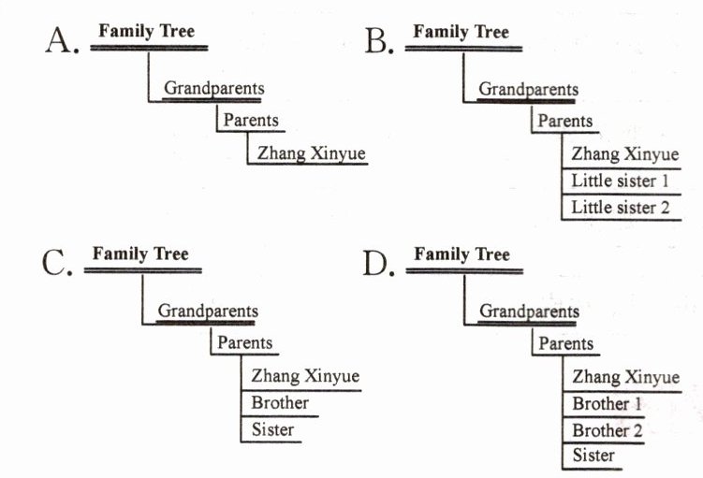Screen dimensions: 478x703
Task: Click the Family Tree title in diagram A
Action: click(x=147, y=32)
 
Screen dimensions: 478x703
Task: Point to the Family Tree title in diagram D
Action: click(x=461, y=253)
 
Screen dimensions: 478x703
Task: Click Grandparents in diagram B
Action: click(x=528, y=90)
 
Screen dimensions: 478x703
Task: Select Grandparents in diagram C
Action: click(x=208, y=311)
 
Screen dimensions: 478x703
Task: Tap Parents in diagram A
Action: click(x=250, y=121)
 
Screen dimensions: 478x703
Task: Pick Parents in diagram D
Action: click(x=565, y=343)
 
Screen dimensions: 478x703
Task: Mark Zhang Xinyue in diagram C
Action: click(x=305, y=376)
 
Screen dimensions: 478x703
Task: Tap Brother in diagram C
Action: click(x=280, y=403)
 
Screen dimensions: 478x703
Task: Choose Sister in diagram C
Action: click(x=272, y=430)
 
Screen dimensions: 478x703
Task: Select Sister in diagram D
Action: click(x=593, y=456)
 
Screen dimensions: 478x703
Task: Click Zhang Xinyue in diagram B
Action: click(x=624, y=154)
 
